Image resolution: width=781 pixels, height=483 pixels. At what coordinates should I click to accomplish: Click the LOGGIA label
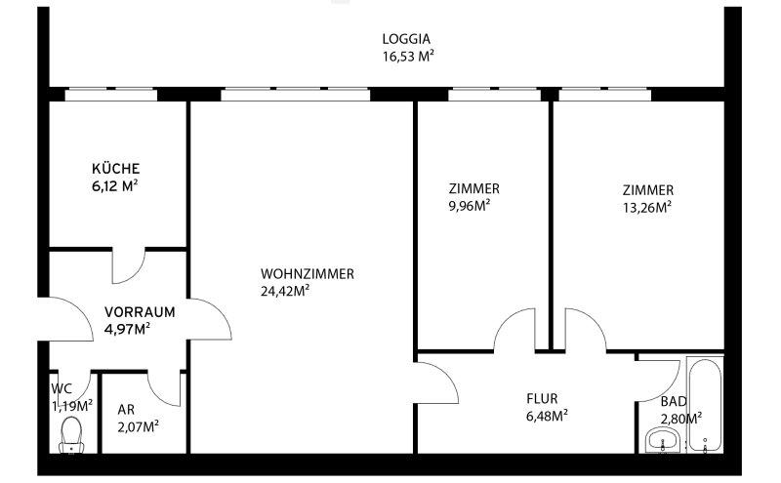(407, 39)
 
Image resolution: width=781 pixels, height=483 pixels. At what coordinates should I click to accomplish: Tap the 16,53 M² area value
(407, 57)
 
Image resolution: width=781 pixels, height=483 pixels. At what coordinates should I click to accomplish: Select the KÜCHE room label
(116, 167)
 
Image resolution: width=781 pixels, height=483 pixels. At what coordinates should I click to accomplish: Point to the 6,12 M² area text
(116, 184)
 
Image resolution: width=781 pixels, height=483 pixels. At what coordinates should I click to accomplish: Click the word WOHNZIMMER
(307, 274)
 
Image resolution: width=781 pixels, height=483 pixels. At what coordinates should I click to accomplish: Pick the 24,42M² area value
(285, 291)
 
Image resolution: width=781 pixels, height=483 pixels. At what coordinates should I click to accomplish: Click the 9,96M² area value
(469, 206)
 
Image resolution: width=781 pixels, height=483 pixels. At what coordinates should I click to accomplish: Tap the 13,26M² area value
(647, 207)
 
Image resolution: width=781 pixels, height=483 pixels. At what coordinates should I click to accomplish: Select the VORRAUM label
(140, 312)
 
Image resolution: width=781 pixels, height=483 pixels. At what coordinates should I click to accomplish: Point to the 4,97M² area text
(128, 329)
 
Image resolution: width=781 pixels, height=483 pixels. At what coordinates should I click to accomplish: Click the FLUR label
(542, 398)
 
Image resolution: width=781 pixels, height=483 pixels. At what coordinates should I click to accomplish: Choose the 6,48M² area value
(547, 415)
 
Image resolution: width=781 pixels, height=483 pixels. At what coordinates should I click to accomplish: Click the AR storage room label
(125, 410)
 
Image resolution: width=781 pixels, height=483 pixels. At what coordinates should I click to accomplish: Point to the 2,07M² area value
(138, 426)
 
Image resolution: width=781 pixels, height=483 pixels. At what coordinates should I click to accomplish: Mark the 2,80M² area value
(681, 419)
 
